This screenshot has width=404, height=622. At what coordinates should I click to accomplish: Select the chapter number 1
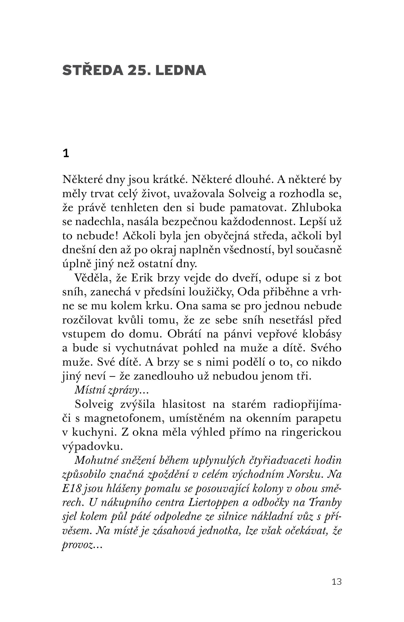coord(66,154)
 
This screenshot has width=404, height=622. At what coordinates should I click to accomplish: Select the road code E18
coord(70,489)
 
